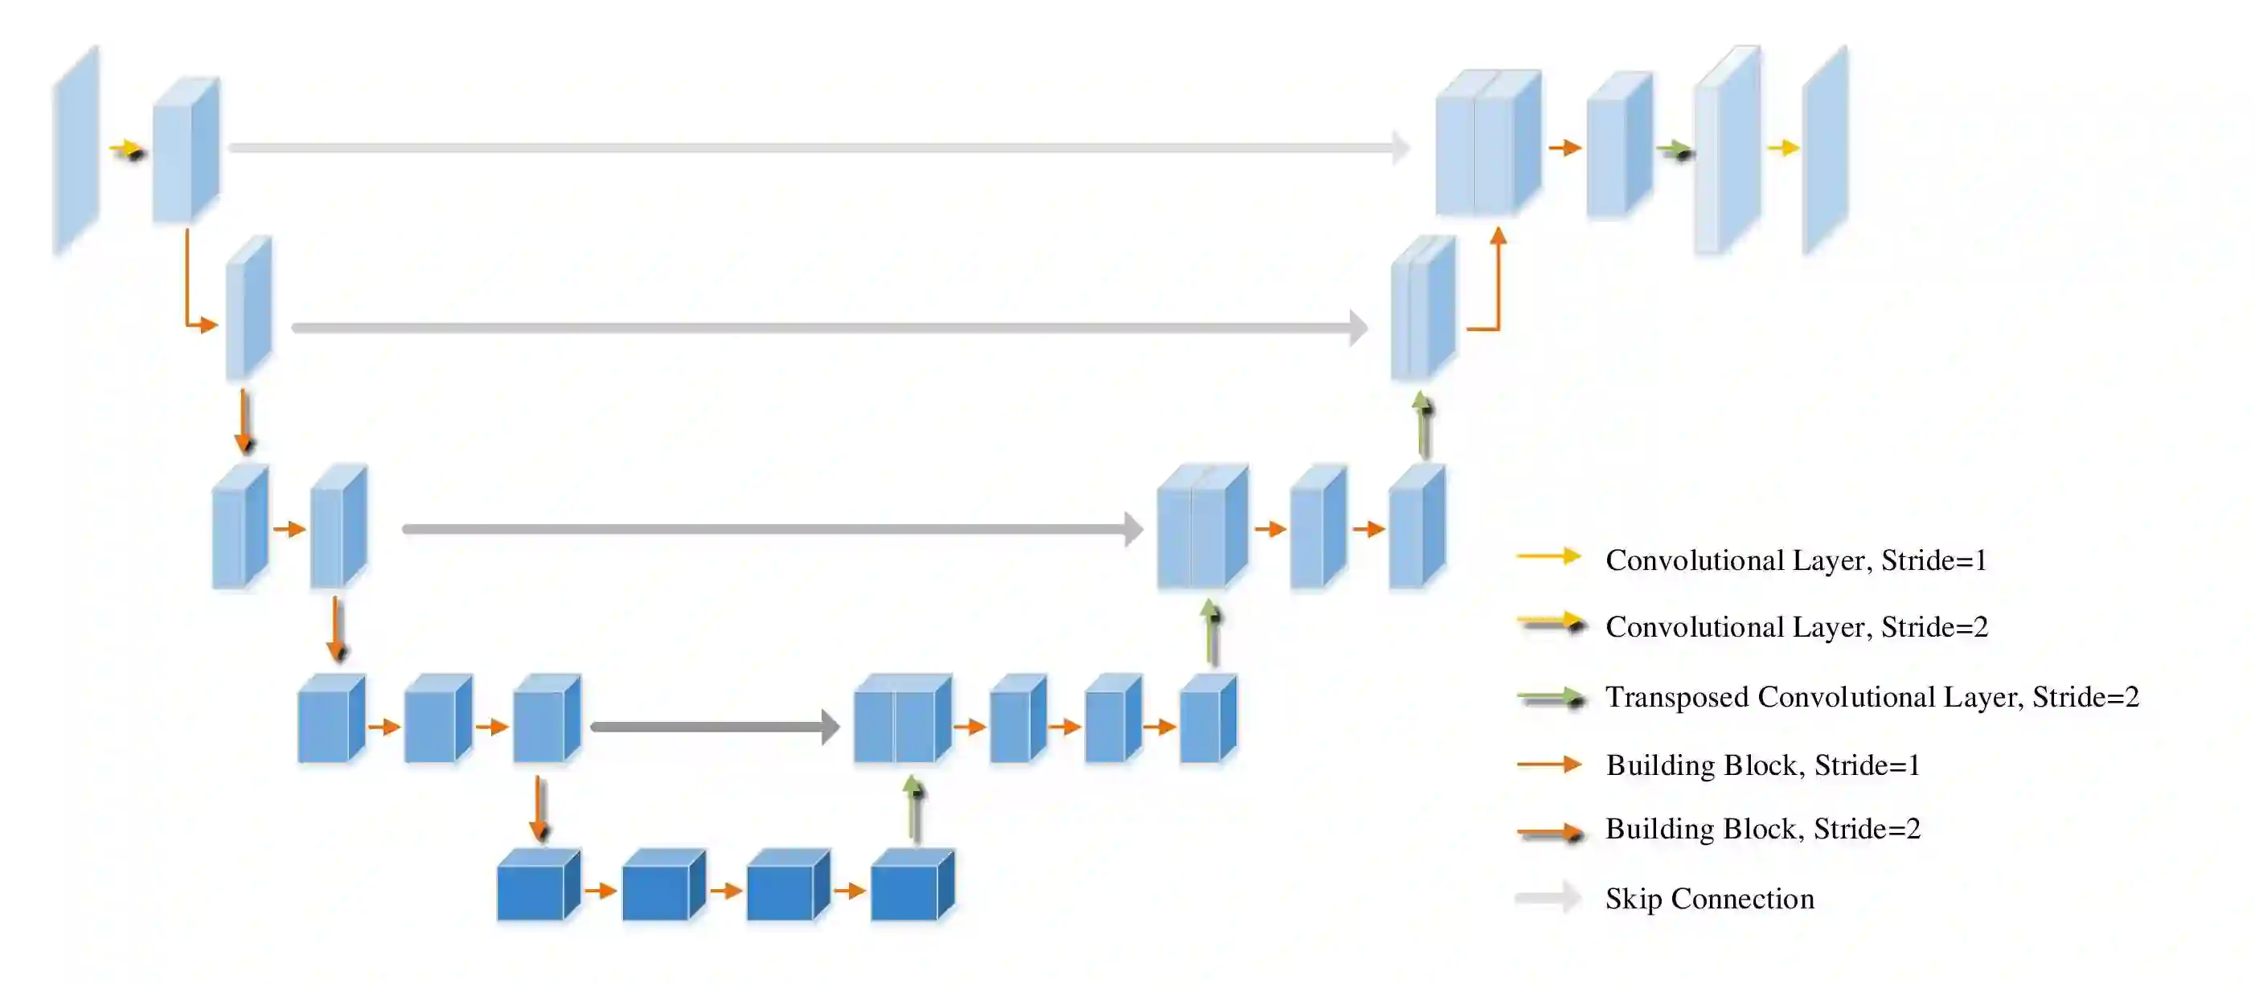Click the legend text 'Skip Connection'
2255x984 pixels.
[x=1709, y=899]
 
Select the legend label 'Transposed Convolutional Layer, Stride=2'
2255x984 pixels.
[x=1872, y=697]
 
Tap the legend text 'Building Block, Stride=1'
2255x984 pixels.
[x=1762, y=765]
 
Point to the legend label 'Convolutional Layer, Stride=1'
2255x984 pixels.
[x=1795, y=560]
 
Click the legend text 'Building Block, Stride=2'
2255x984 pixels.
[x=1762, y=829]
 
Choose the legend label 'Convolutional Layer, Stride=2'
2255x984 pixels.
[x=1796, y=627]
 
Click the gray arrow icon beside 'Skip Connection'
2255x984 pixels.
[x=1548, y=898]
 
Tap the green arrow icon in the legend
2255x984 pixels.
[x=1550, y=698]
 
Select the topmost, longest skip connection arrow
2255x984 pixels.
[x=818, y=148]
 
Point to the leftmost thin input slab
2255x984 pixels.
[x=76, y=150]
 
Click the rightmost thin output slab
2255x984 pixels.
[x=1824, y=150]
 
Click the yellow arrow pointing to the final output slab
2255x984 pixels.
[x=1782, y=148]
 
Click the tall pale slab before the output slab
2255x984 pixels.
[x=1726, y=150]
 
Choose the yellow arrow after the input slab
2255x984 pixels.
[x=127, y=150]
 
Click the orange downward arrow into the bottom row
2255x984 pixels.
[x=539, y=808]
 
